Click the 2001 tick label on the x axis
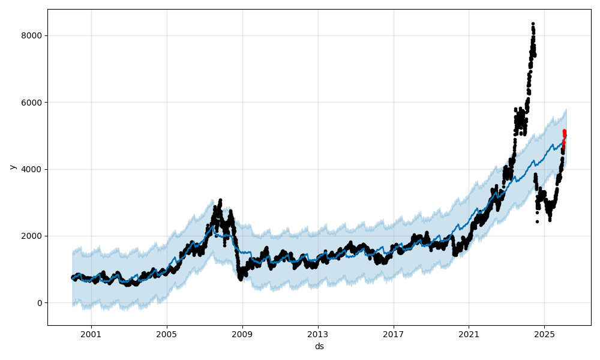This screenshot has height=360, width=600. [91, 334]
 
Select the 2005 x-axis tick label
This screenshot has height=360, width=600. [167, 334]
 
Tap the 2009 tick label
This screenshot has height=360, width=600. [242, 334]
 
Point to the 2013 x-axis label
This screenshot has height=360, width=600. [318, 334]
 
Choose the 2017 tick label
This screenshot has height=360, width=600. [394, 334]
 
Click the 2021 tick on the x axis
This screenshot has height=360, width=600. [469, 334]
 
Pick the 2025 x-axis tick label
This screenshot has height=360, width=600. [544, 334]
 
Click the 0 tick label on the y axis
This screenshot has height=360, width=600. [40, 303]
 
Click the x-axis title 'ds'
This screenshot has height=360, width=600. [319, 346]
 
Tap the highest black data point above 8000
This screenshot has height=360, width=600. [533, 24]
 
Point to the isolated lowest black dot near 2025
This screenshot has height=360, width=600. [537, 221]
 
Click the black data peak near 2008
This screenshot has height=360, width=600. [220, 200]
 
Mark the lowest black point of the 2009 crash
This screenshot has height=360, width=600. [241, 280]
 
